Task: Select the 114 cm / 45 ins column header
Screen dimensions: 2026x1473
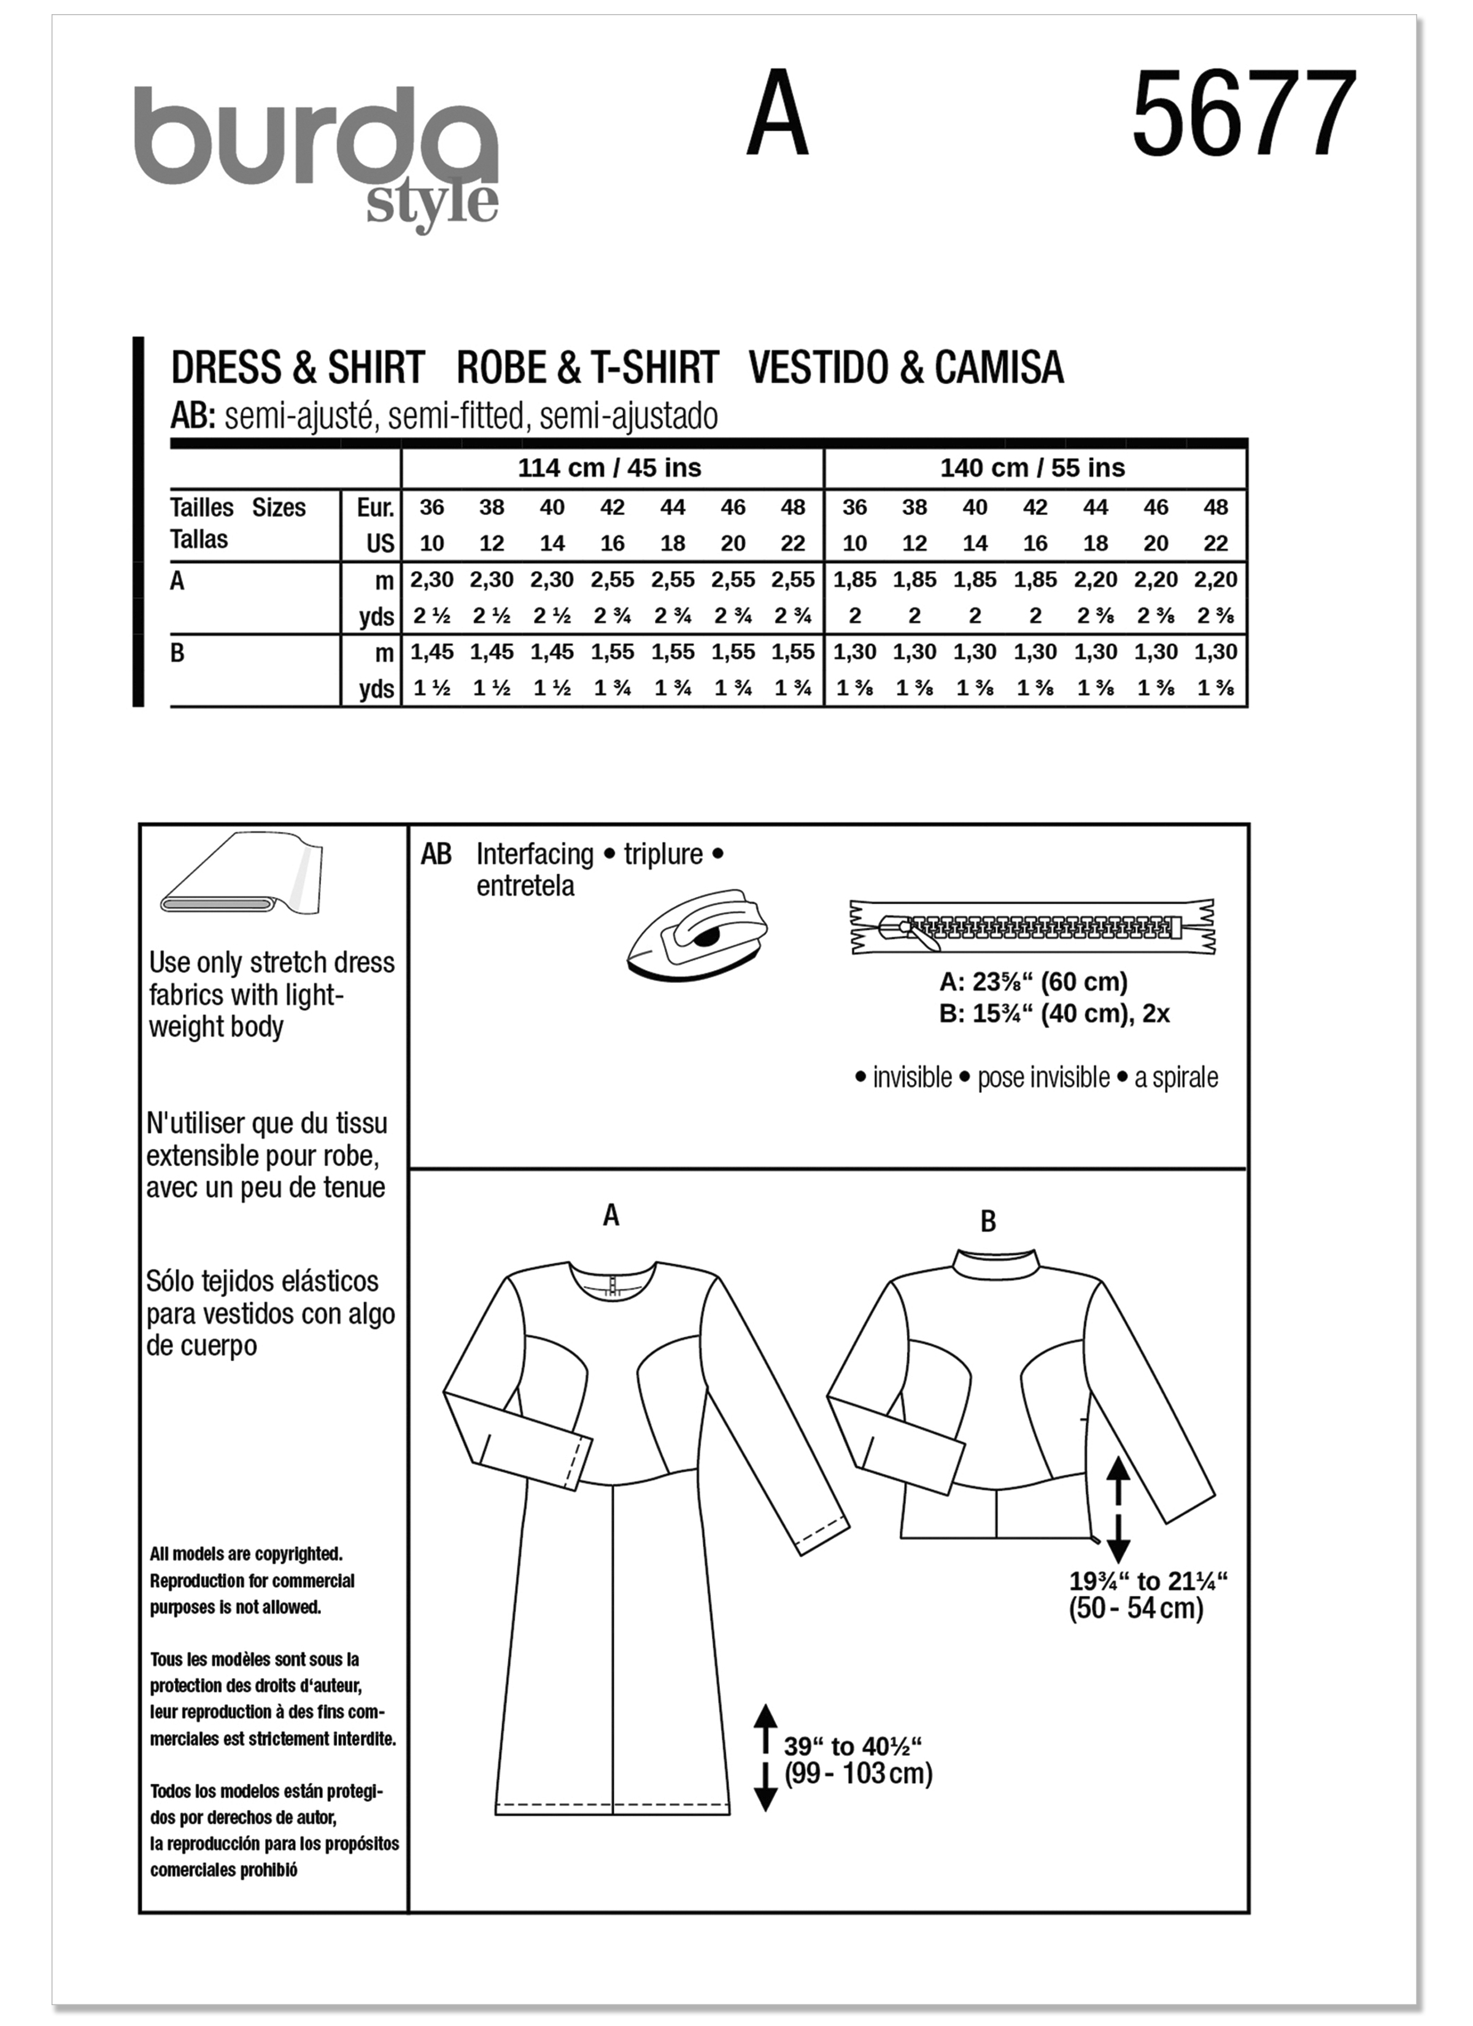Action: (609, 468)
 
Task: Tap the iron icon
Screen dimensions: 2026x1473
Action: (696, 934)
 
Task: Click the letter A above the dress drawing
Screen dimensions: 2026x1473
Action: (611, 1215)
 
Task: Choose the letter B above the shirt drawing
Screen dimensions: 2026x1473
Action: (988, 1222)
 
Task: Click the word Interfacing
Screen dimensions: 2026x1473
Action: (534, 854)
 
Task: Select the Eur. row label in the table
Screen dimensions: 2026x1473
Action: (375, 507)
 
